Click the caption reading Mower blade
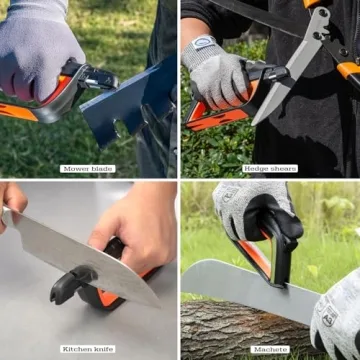89,168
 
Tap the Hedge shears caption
270,168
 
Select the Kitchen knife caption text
89,348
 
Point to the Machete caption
270,348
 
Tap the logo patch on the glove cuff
205,44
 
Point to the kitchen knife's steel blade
80,255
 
